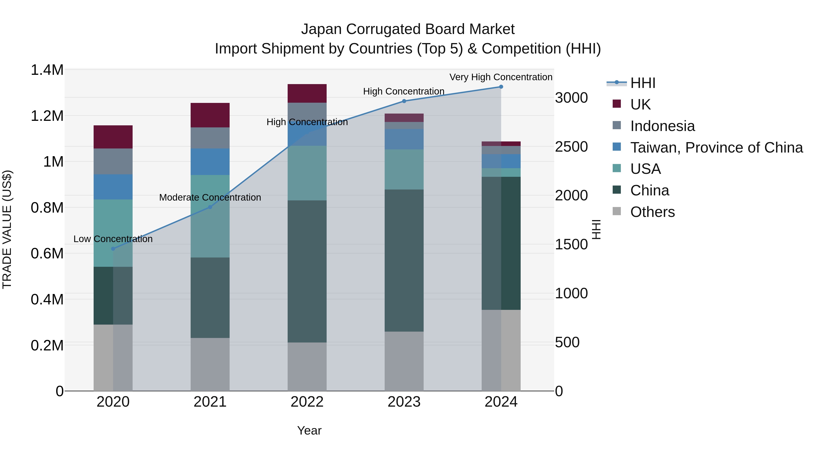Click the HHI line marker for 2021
pyautogui.click(x=210, y=207)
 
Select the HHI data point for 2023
pyautogui.click(x=404, y=101)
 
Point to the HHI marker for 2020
pyautogui.click(x=113, y=249)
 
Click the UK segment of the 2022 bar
pyautogui.click(x=307, y=93)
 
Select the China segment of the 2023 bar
pyautogui.click(x=404, y=260)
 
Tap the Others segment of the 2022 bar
pyautogui.click(x=307, y=367)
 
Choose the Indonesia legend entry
pyautogui.click(x=662, y=126)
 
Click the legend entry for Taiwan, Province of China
pyautogui.click(x=716, y=147)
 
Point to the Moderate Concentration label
pyautogui.click(x=210, y=197)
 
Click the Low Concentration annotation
pyautogui.click(x=113, y=239)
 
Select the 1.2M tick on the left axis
pyautogui.click(x=47, y=116)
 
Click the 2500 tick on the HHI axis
pyautogui.click(x=571, y=147)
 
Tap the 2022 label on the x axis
pyautogui.click(x=307, y=402)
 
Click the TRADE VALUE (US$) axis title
pyautogui.click(x=7, y=229)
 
